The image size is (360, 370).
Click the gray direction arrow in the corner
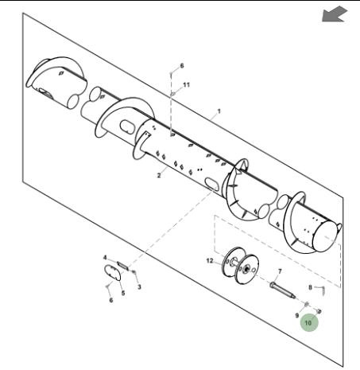[335, 14]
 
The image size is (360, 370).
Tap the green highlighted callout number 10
[309, 322]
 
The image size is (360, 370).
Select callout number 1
[219, 111]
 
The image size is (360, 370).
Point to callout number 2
[159, 175]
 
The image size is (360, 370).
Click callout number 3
[139, 286]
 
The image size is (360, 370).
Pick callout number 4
[105, 258]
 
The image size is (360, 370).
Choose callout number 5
[123, 293]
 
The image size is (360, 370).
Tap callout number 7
[280, 271]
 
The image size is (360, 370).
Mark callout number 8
[311, 287]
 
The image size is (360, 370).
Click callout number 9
[297, 315]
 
